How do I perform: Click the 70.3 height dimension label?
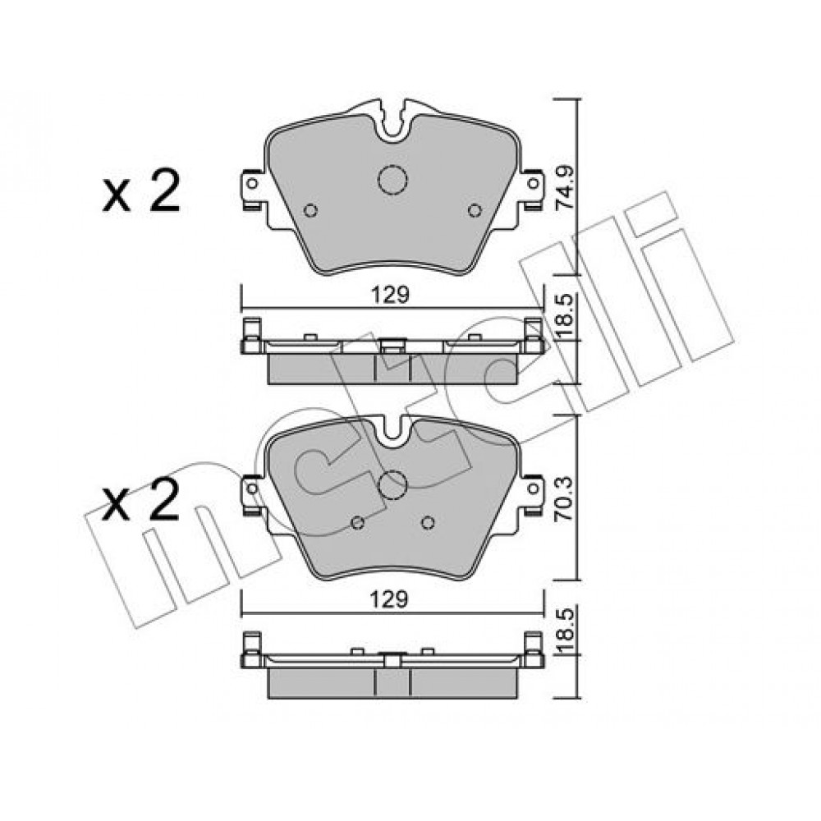pyautogui.click(x=565, y=498)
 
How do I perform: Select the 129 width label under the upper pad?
pyautogui.click(x=390, y=296)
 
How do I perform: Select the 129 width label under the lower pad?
pyautogui.click(x=389, y=599)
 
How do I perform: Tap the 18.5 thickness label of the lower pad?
pyautogui.click(x=565, y=630)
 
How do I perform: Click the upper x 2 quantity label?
pyautogui.click(x=141, y=190)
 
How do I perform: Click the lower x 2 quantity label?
pyautogui.click(x=141, y=499)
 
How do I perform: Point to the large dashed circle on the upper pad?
pyautogui.click(x=392, y=180)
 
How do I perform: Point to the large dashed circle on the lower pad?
pyautogui.click(x=392, y=484)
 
